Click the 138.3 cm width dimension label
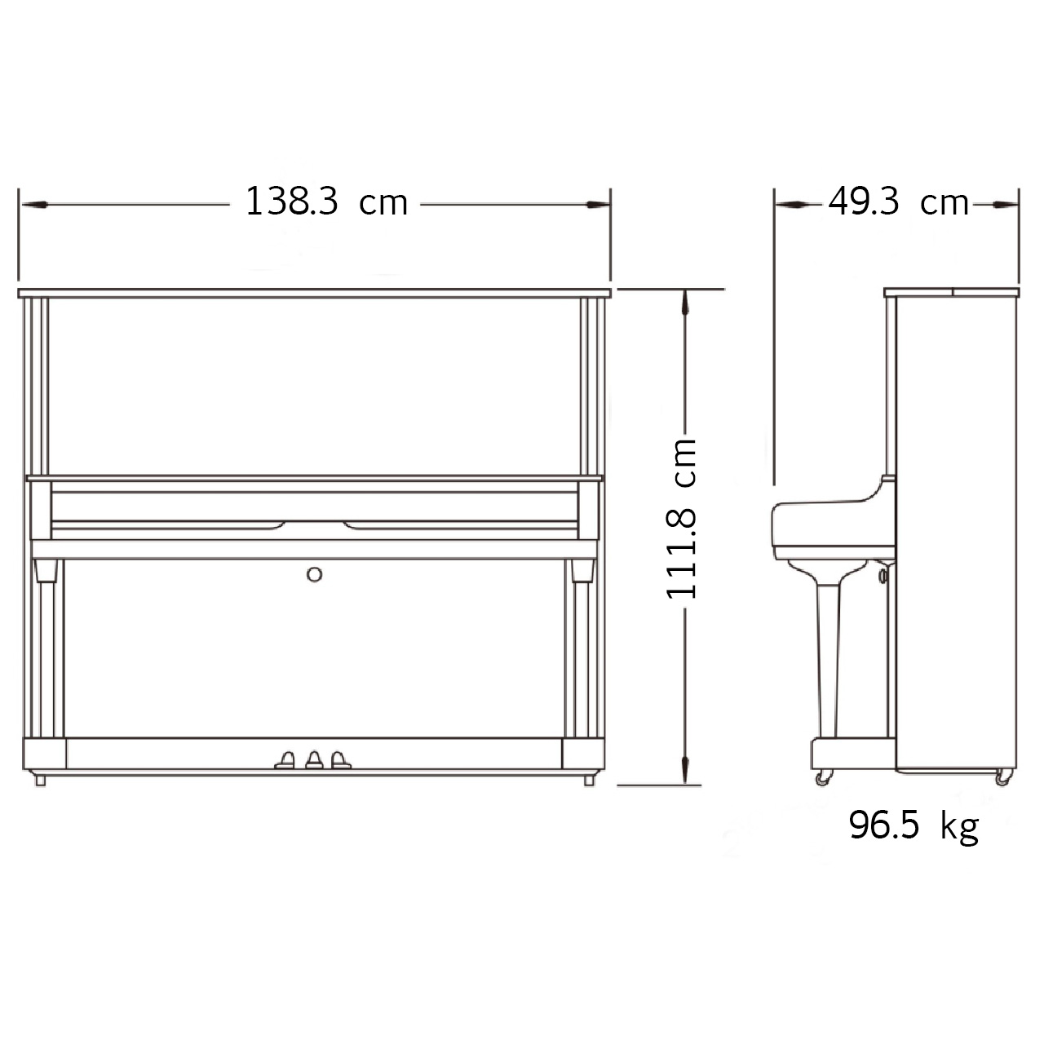[326, 201]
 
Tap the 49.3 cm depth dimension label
[898, 201]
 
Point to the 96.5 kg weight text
[913, 825]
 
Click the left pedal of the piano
[285, 759]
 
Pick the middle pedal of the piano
[314, 759]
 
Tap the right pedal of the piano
[340, 759]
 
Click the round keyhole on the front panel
[314, 574]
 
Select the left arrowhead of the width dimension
[33, 205]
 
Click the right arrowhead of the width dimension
[598, 205]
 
